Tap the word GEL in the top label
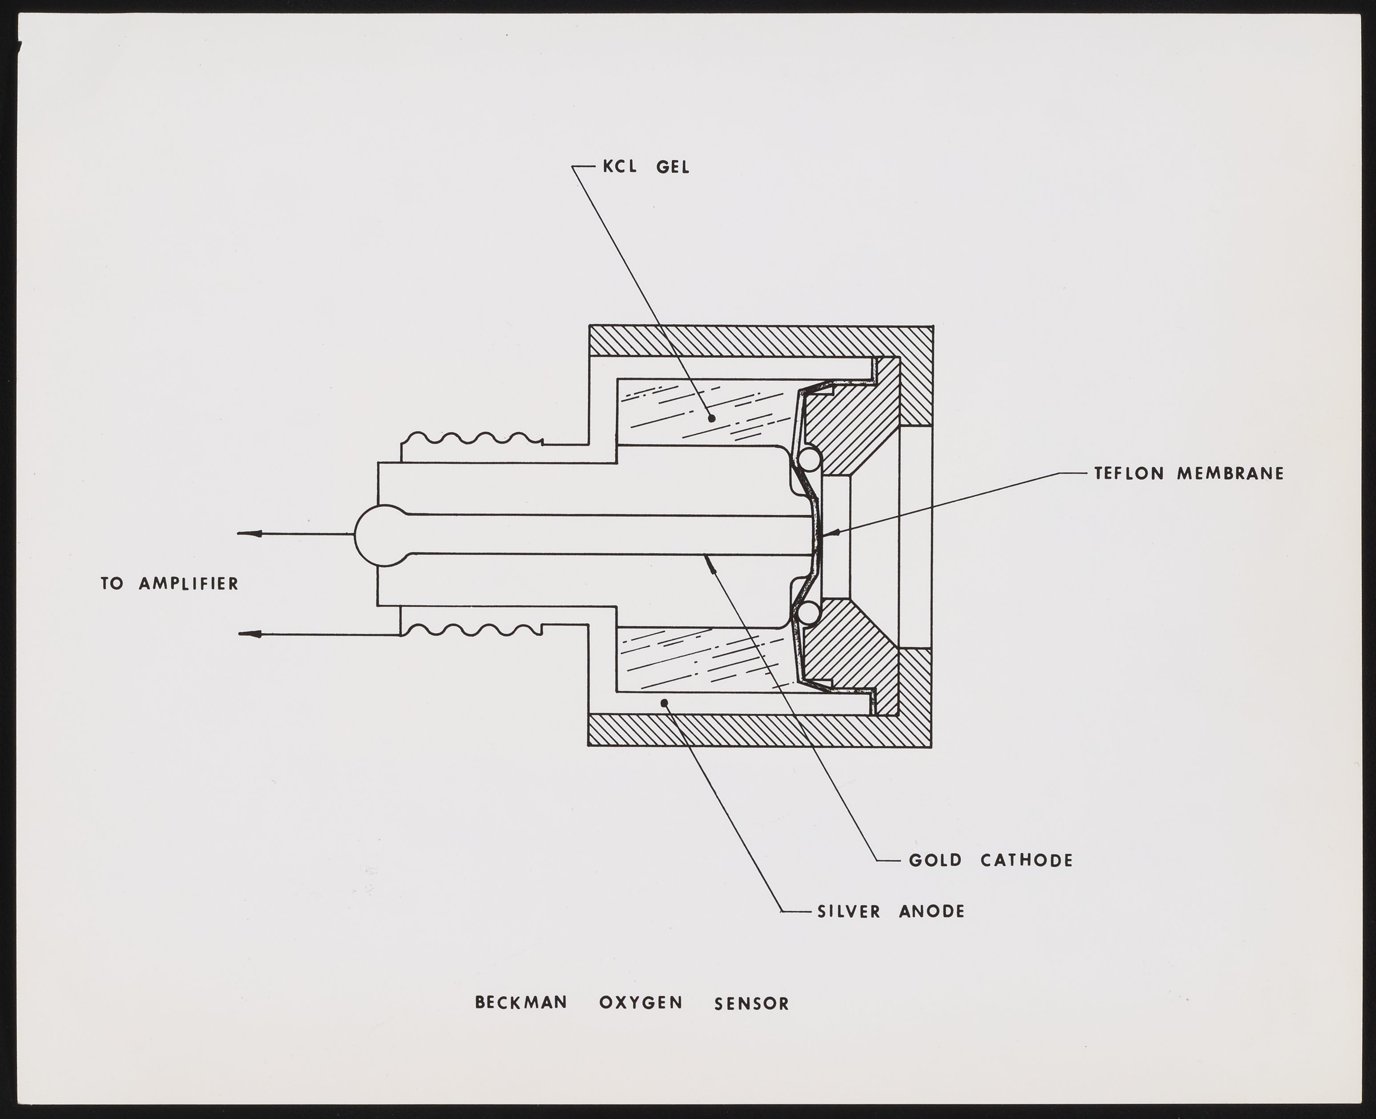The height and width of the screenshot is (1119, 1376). [672, 168]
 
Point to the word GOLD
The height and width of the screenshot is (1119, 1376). [935, 860]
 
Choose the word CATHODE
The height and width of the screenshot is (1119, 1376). [1027, 860]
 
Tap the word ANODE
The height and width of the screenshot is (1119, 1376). [932, 912]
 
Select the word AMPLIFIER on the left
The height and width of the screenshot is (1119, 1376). [189, 584]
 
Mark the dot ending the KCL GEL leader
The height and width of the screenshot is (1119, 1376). [711, 418]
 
